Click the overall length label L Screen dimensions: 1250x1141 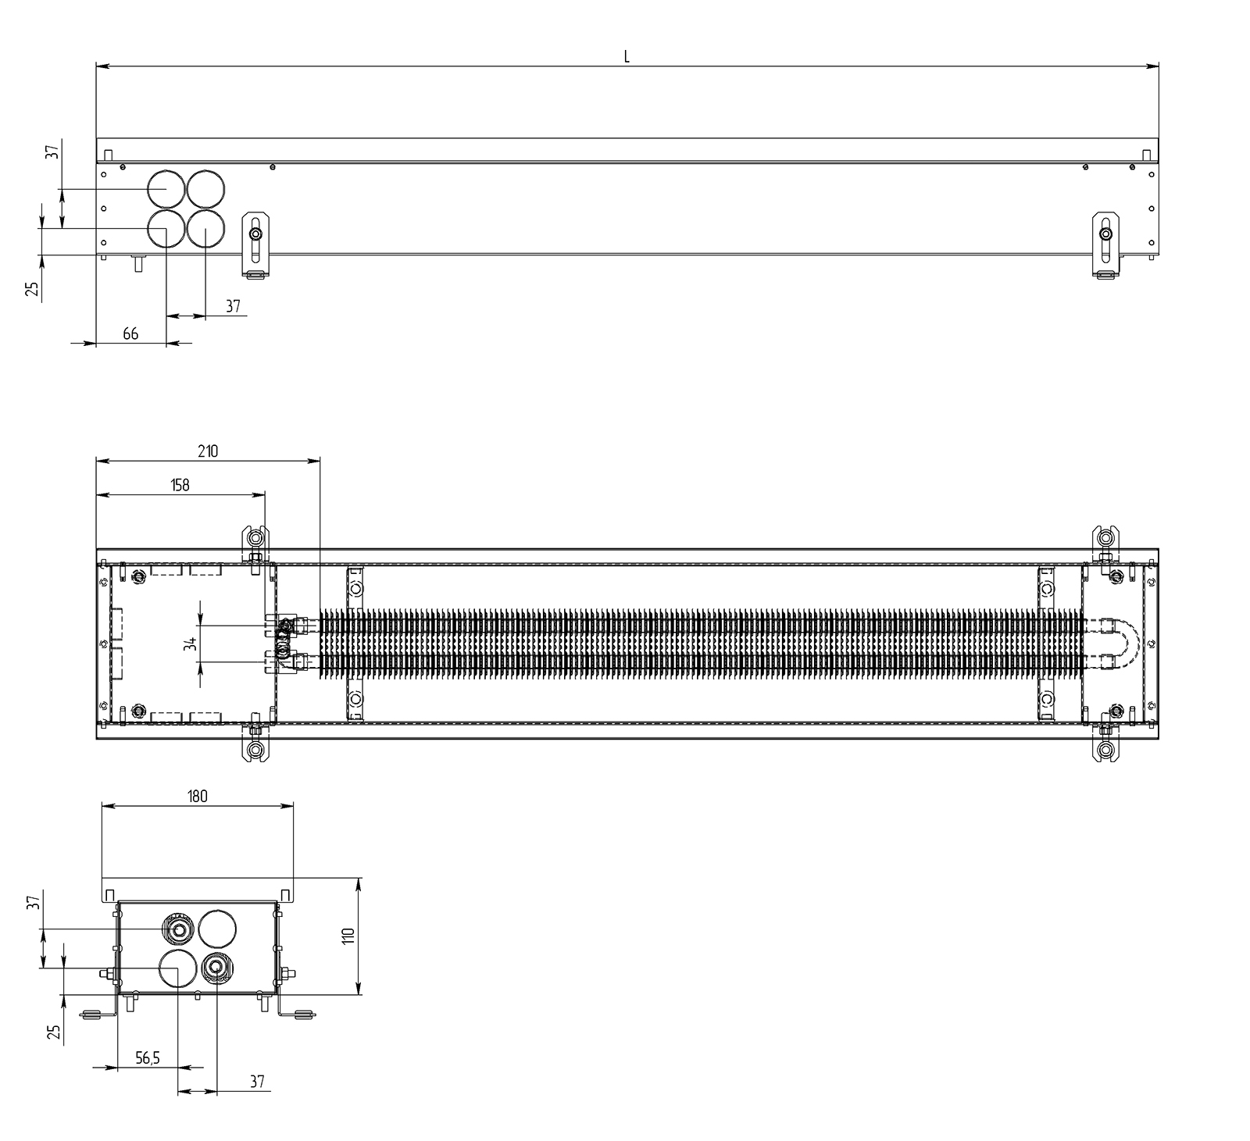[x=627, y=56]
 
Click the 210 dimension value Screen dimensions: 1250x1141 [x=208, y=451]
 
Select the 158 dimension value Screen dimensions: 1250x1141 [x=180, y=485]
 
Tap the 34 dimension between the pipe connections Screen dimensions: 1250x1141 [x=189, y=644]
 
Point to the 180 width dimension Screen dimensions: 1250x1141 [x=198, y=796]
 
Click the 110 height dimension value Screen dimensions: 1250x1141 [x=348, y=936]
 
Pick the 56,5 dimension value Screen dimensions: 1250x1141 [x=148, y=1058]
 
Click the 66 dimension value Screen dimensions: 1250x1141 [x=130, y=333]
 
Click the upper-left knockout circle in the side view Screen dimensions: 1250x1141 [x=166, y=189]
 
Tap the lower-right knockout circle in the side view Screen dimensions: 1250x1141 [x=205, y=228]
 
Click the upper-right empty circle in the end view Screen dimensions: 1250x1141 [x=217, y=929]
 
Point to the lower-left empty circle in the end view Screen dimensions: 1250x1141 [x=178, y=968]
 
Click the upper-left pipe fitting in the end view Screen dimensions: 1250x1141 [x=178, y=929]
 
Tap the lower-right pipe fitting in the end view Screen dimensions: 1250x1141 [x=216, y=968]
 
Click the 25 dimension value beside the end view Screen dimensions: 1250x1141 [x=54, y=1032]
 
